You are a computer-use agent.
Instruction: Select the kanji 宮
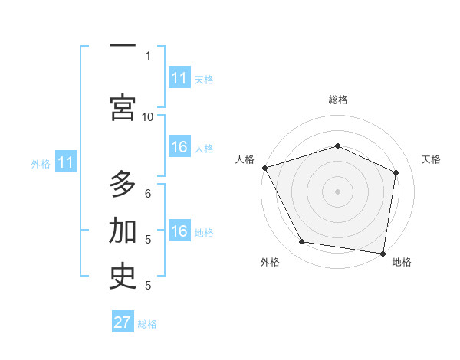[x=123, y=108]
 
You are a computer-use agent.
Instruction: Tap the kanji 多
[x=123, y=185]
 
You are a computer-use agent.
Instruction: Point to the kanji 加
[x=123, y=231]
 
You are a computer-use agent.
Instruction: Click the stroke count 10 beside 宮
[x=148, y=116]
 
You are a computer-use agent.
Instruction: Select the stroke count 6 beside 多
[x=148, y=194]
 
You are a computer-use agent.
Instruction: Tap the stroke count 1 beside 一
[x=148, y=55]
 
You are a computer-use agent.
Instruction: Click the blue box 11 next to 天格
[x=179, y=78]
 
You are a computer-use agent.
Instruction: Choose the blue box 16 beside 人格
[x=179, y=148]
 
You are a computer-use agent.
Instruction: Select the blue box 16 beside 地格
[x=179, y=232]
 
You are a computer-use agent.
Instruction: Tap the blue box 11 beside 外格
[x=66, y=162]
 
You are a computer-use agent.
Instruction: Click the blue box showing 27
[x=123, y=322]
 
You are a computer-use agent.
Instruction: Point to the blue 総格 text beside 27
[x=147, y=324]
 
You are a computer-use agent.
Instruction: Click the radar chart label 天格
[x=431, y=159]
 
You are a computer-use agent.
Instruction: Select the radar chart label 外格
[x=270, y=263]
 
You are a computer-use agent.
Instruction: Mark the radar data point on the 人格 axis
[x=264, y=168]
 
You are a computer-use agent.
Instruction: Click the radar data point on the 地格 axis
[x=383, y=253]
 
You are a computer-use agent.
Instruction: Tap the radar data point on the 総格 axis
[x=337, y=146]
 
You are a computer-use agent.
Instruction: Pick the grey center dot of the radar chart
[x=337, y=191]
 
